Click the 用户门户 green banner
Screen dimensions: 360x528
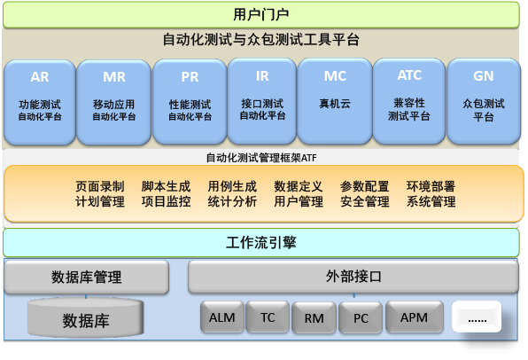click(260, 14)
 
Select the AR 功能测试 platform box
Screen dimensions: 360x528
click(40, 101)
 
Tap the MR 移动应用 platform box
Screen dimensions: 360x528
click(114, 101)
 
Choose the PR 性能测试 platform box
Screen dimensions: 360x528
click(190, 101)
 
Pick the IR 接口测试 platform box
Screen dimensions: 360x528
click(262, 101)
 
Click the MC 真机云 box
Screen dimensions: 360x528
click(335, 101)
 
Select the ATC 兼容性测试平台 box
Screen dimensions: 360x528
click(408, 101)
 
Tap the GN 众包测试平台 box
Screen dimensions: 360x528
click(483, 101)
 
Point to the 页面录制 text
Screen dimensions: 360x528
click(99, 186)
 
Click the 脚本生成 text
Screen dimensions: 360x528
click(166, 186)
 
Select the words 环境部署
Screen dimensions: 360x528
click(431, 186)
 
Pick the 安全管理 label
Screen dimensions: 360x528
click(364, 201)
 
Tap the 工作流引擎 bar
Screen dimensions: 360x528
click(260, 242)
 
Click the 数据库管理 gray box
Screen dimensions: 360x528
click(86, 276)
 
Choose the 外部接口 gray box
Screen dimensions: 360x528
click(353, 276)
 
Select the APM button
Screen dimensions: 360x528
click(414, 317)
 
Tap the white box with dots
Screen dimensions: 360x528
click(477, 316)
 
